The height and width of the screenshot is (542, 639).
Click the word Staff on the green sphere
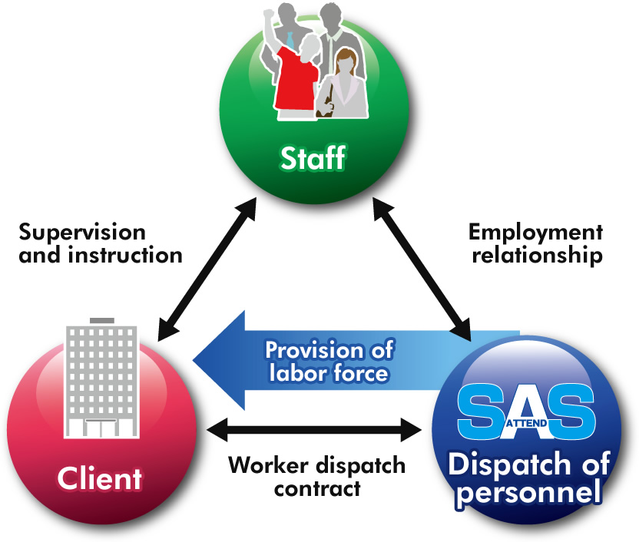(x=313, y=160)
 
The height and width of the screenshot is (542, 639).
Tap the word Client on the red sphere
(x=99, y=479)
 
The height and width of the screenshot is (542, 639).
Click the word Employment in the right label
(x=535, y=232)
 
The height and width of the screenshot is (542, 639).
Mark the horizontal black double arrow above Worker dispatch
(x=315, y=430)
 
